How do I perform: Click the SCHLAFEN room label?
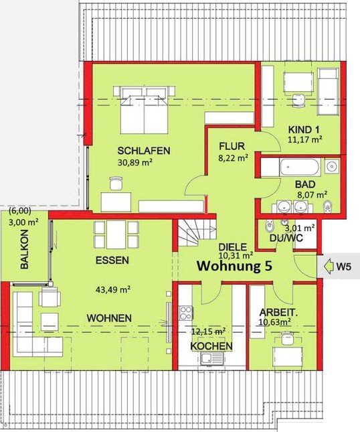[x=144, y=151]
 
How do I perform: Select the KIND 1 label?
[x=304, y=129]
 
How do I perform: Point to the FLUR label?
[x=232, y=146]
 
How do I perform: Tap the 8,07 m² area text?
[x=311, y=196]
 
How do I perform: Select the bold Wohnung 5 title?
[x=234, y=267]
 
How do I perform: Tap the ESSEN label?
[x=112, y=260]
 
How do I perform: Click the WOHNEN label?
[x=109, y=317]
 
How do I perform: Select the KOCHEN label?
[x=211, y=346]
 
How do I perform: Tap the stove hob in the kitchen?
[x=185, y=313]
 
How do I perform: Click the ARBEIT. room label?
[x=279, y=311]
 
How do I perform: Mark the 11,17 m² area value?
[x=305, y=140]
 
